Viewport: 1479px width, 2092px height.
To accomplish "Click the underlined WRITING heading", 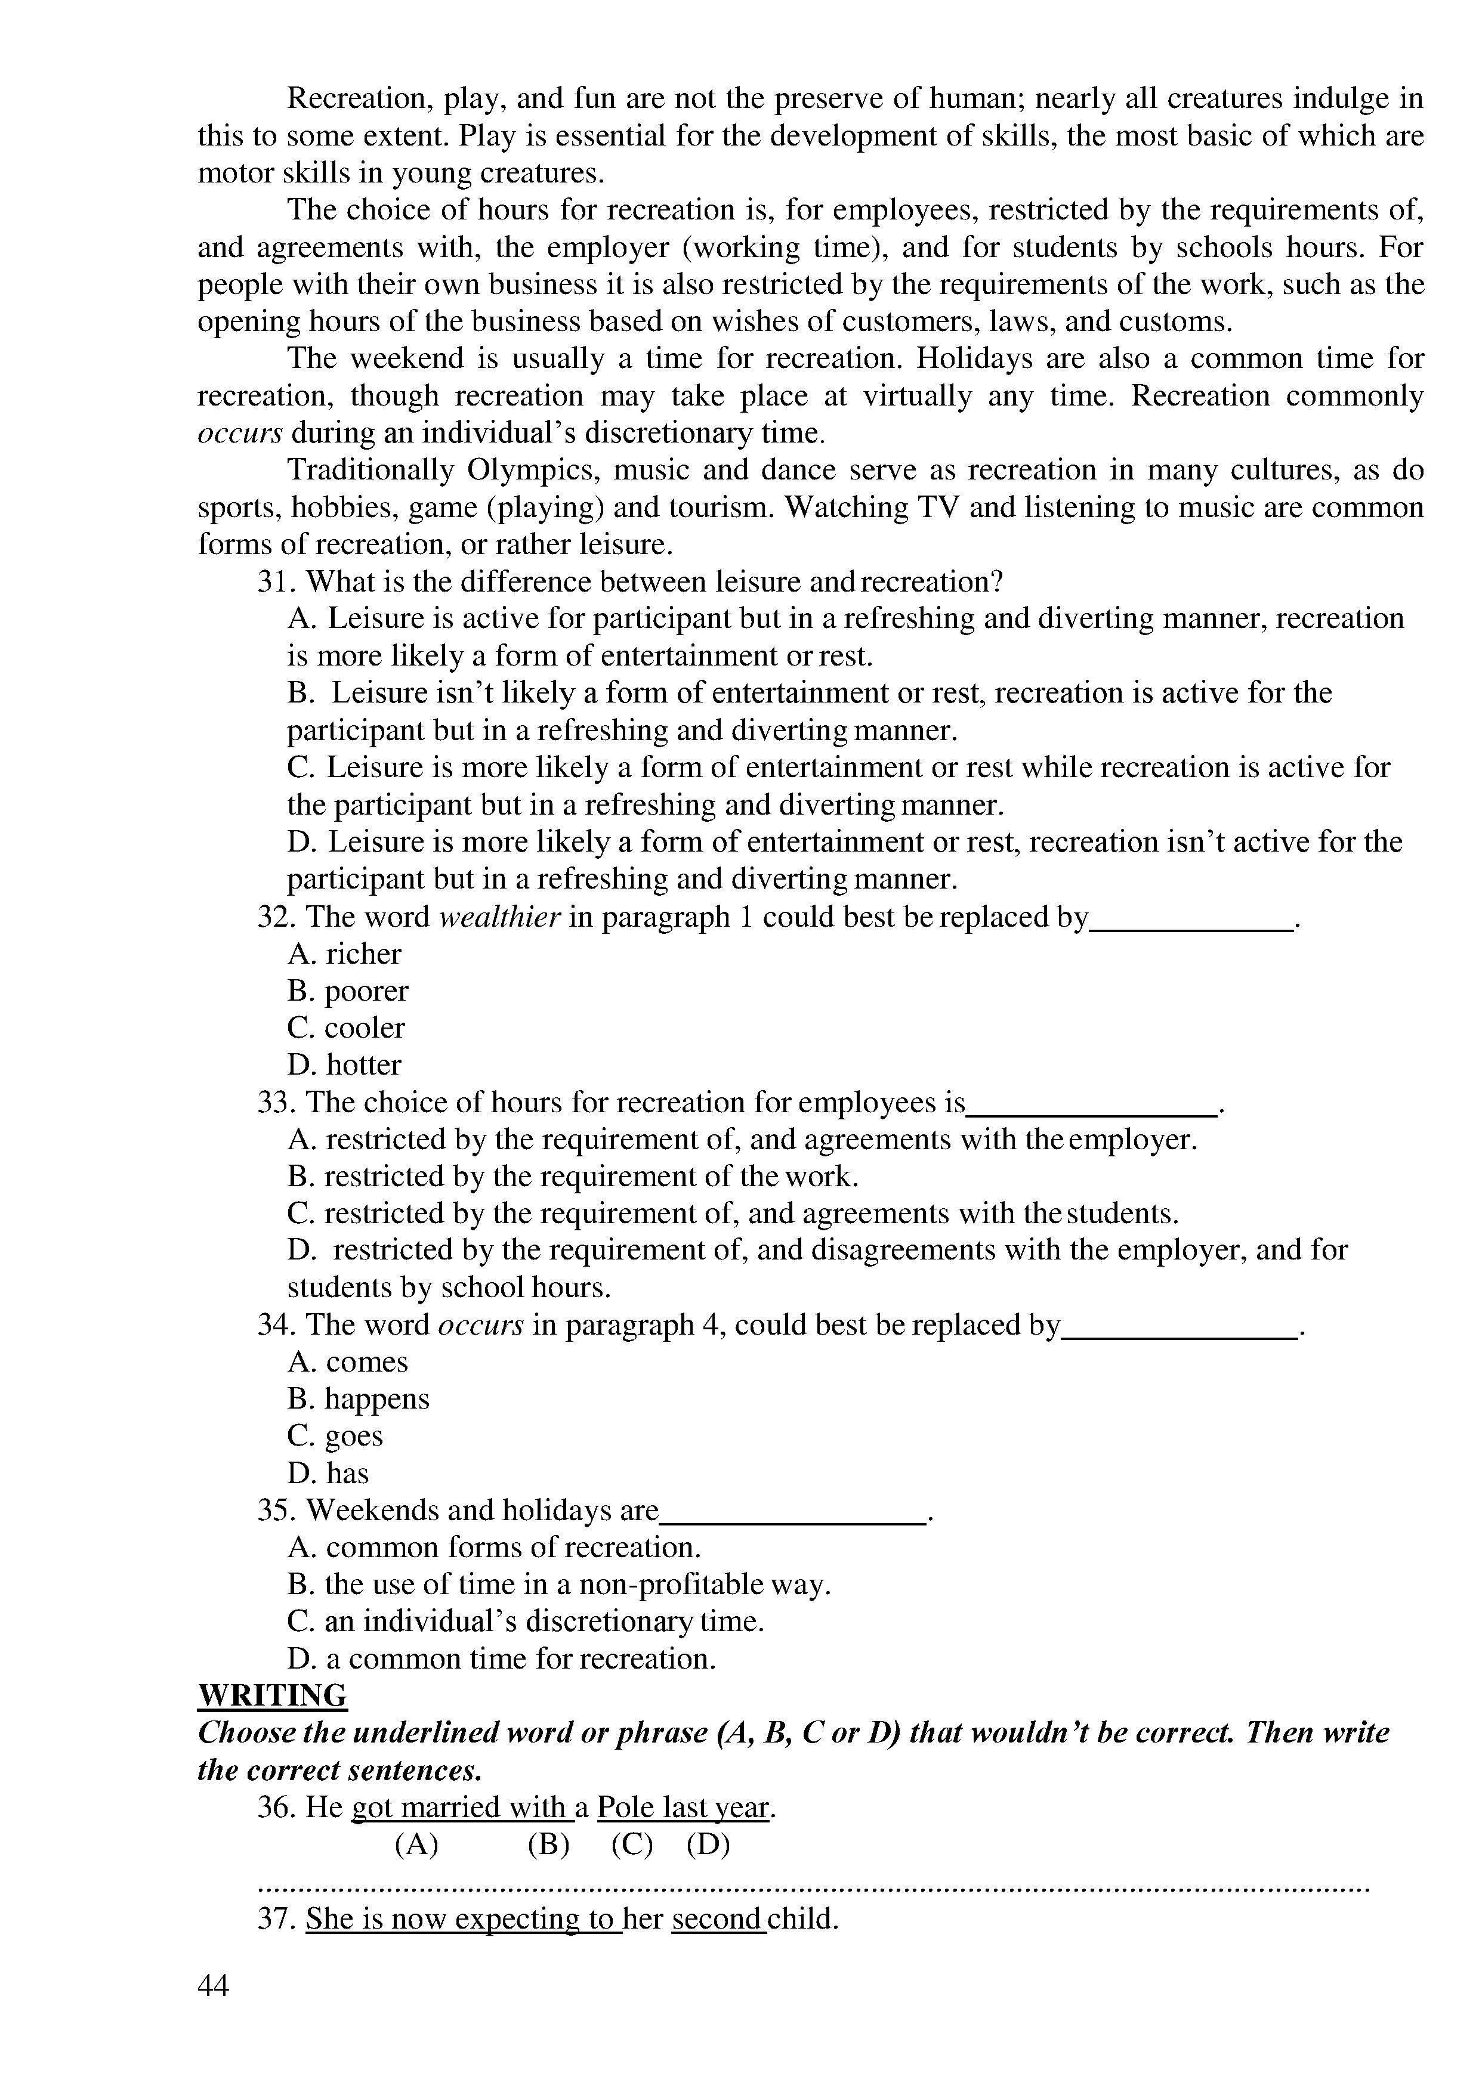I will click(273, 1695).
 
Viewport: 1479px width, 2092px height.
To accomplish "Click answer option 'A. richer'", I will click(344, 954).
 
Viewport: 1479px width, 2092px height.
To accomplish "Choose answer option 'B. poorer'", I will click(347, 991).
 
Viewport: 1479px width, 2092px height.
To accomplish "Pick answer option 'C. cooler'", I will click(345, 1028).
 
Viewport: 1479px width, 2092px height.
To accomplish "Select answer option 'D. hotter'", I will click(344, 1065).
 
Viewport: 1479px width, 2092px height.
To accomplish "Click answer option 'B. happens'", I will click(358, 1398).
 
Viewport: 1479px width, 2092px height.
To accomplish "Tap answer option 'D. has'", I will click(328, 1474).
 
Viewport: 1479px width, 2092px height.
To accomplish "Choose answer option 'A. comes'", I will click(347, 1362).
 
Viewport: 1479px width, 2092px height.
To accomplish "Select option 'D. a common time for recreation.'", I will click(501, 1658).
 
